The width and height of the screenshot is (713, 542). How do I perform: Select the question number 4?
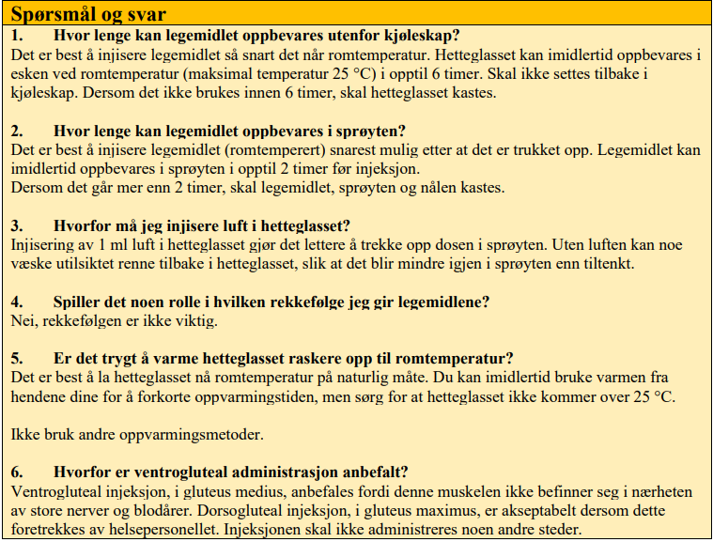pyautogui.click(x=16, y=302)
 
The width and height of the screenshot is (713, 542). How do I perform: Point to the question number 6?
pyautogui.click(x=16, y=472)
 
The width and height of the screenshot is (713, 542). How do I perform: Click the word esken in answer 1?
pyautogui.click(x=29, y=73)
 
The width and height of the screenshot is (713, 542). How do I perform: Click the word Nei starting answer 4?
pyautogui.click(x=22, y=321)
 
